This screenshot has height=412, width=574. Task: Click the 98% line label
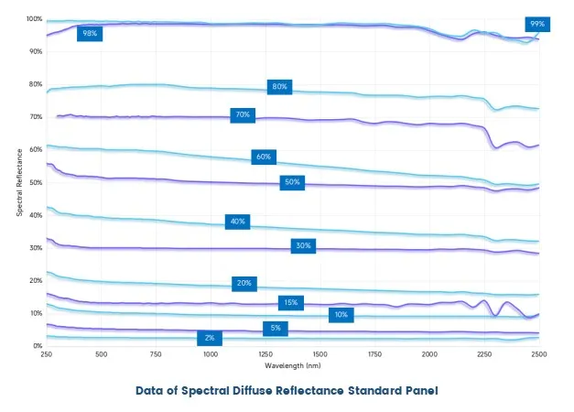click(90, 34)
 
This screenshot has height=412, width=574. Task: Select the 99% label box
click(536, 24)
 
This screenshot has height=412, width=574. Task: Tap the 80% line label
click(278, 87)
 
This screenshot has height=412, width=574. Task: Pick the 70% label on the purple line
click(243, 115)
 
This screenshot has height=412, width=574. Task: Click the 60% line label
click(264, 157)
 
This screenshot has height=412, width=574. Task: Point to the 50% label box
click(292, 182)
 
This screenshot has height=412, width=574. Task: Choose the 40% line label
click(238, 222)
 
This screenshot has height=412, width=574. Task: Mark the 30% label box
click(303, 245)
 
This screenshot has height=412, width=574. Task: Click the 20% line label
click(244, 283)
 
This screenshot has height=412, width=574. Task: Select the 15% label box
click(290, 302)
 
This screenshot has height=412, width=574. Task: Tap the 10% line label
click(341, 315)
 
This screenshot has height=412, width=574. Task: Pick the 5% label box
click(275, 328)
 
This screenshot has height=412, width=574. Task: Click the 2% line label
click(210, 338)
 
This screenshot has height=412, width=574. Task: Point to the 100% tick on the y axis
click(33, 19)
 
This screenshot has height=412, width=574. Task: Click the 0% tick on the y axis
click(37, 346)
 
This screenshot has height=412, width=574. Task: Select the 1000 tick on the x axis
click(211, 354)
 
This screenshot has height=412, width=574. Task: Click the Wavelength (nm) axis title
click(293, 364)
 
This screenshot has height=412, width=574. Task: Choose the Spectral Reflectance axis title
click(20, 181)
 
